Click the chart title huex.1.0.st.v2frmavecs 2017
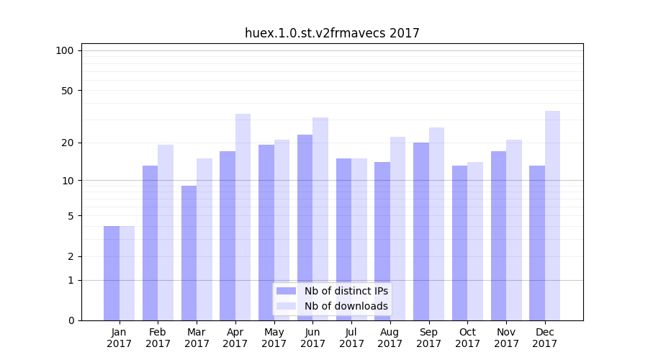point(332,33)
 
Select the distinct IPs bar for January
point(112,273)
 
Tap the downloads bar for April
point(243,217)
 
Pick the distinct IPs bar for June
point(305,228)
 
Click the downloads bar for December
point(552,215)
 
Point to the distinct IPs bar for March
point(189,253)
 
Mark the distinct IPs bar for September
point(421,231)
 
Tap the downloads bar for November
point(514,230)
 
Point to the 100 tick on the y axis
point(65,50)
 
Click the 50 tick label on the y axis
point(68,91)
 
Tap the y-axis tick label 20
point(68,143)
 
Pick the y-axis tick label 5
point(71,216)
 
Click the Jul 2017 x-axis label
point(351,338)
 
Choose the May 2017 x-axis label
point(274,338)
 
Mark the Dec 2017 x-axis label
point(545,338)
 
